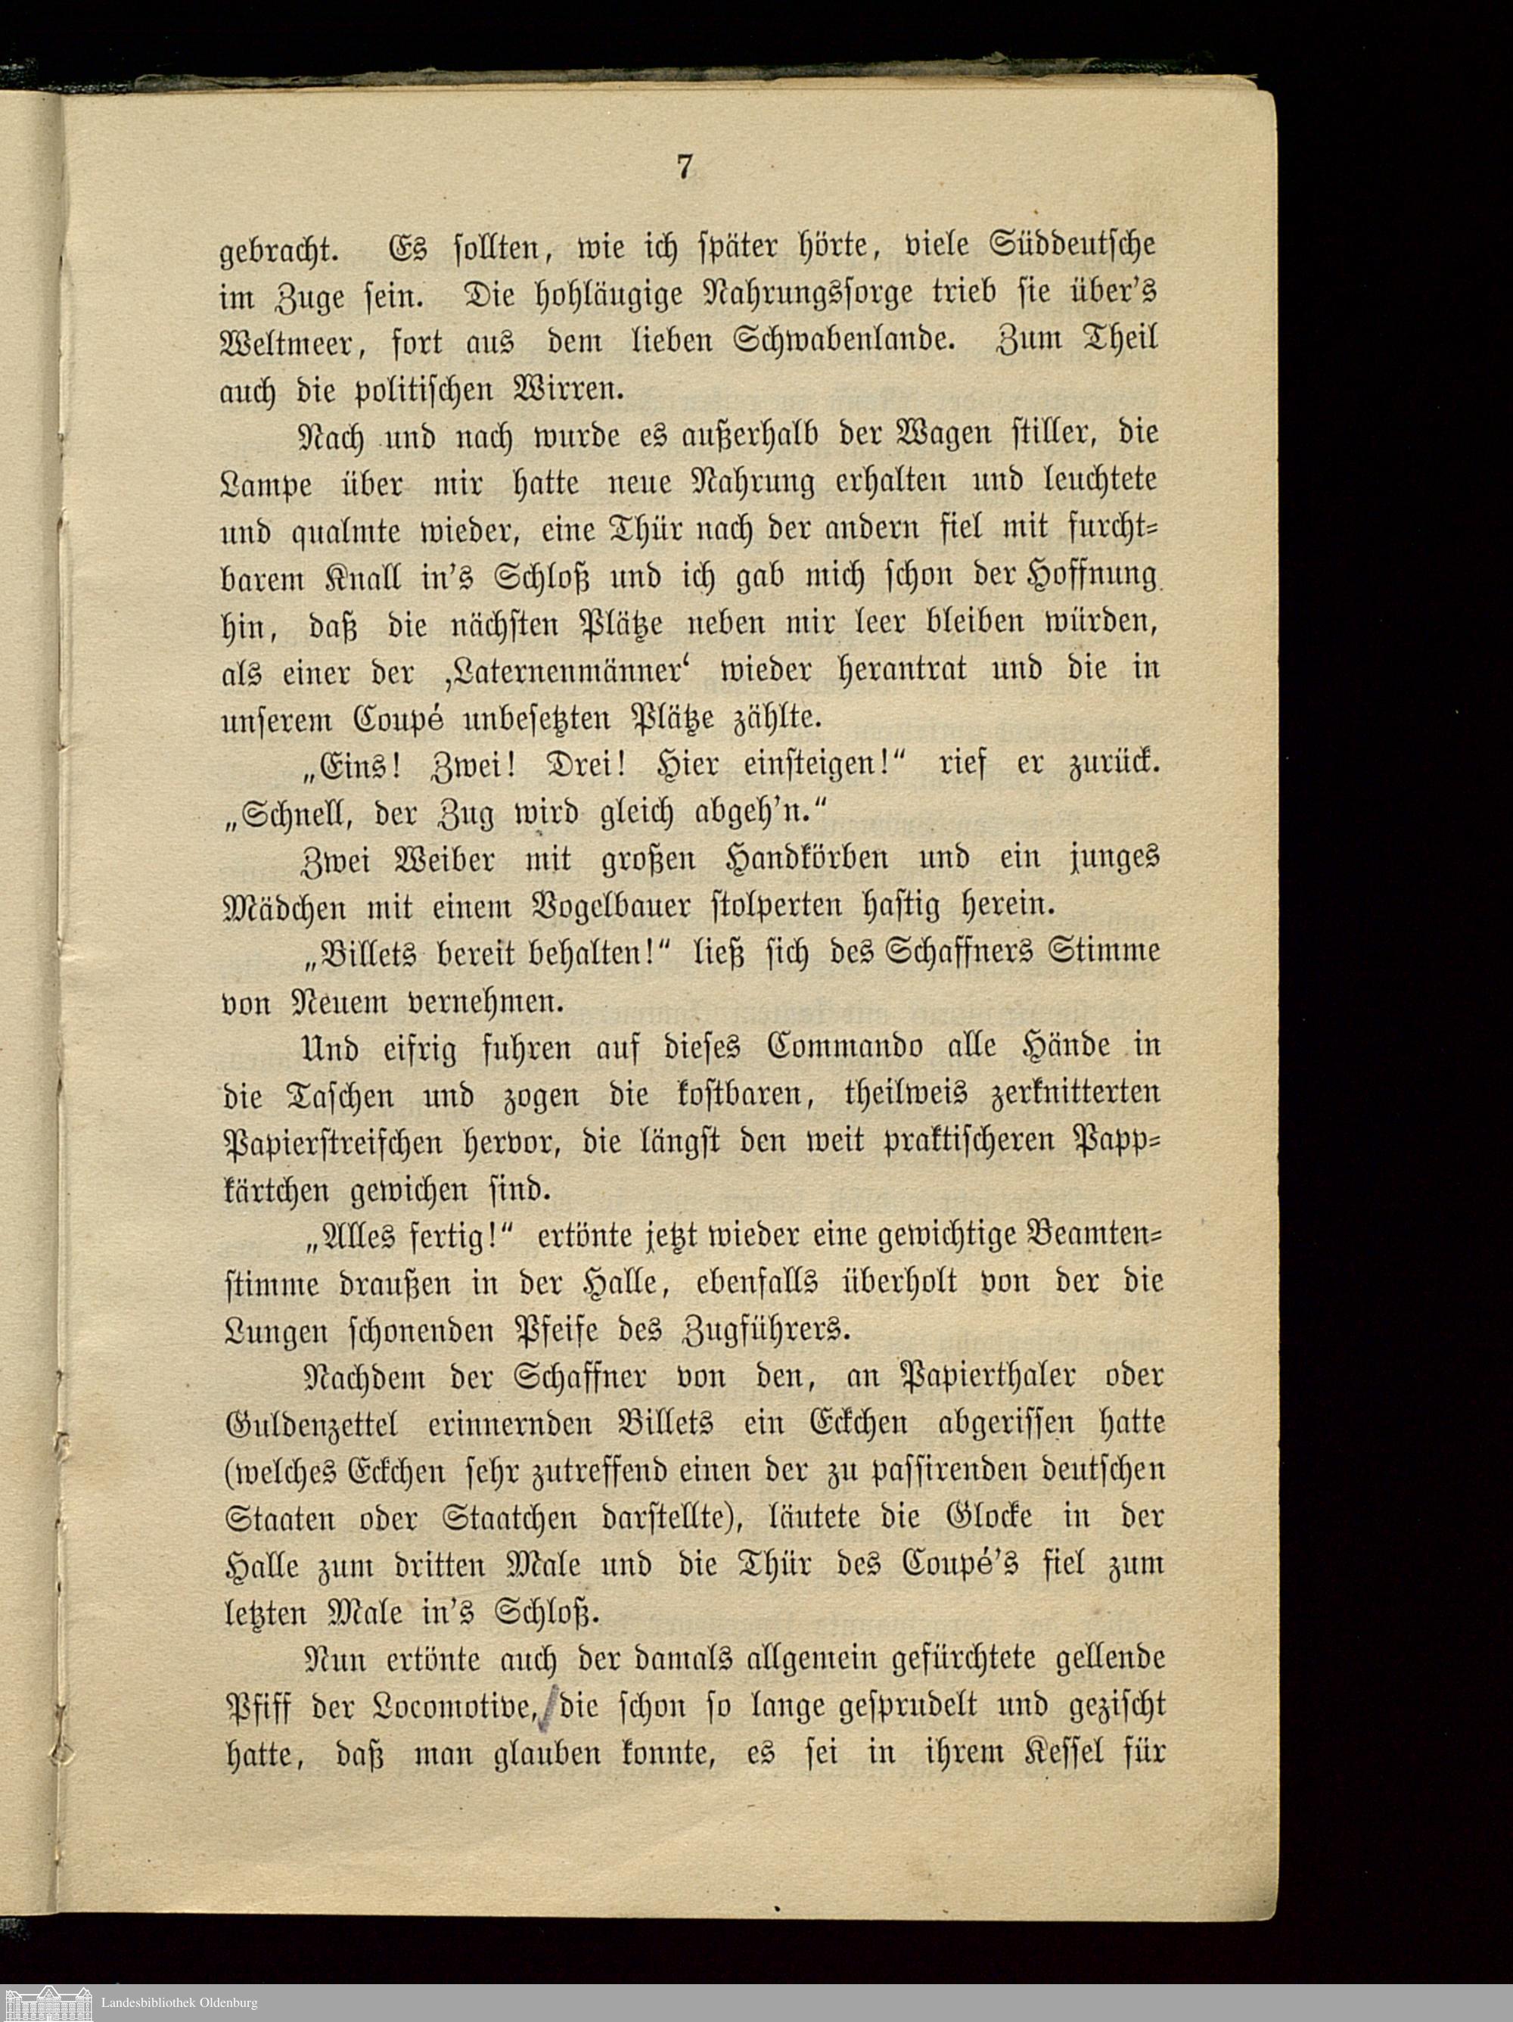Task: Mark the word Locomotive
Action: pyautogui.click(x=455, y=1706)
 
